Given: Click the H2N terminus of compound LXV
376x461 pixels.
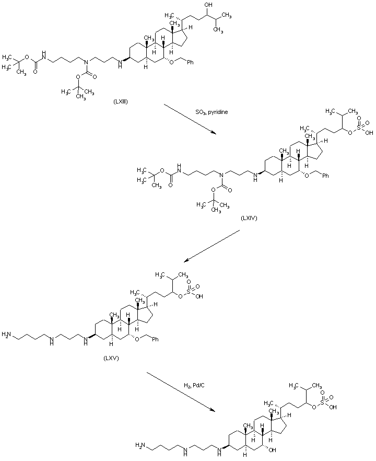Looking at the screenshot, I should click(7, 333).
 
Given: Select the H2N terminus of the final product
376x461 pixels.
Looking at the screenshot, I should click(140, 445).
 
